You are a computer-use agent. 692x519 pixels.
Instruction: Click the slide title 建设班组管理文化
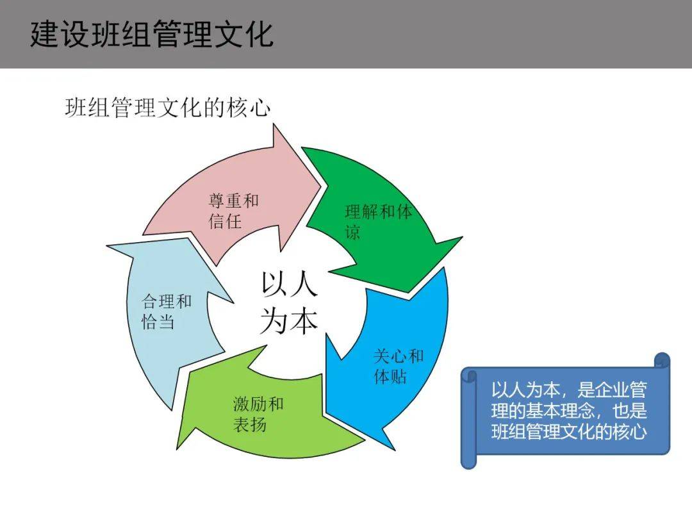click(x=152, y=34)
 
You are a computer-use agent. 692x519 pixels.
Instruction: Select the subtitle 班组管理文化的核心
click(x=167, y=107)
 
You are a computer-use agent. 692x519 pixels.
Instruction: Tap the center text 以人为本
click(x=288, y=302)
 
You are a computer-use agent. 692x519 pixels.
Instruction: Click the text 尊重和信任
click(x=233, y=211)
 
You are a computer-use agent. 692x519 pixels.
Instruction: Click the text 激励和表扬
click(x=258, y=414)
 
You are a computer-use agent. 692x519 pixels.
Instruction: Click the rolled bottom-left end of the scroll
click(x=469, y=460)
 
